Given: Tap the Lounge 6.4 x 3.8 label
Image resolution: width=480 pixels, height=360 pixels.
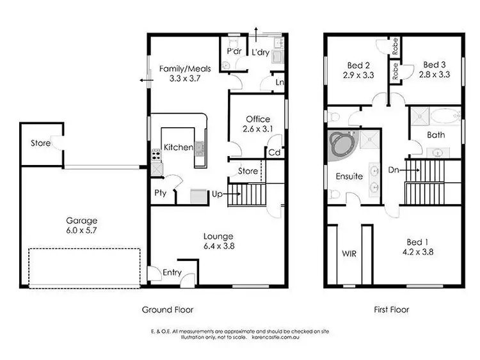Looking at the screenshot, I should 219,240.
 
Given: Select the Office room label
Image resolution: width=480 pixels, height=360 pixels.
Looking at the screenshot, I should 257,123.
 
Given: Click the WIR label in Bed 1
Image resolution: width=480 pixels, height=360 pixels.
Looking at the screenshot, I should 349,253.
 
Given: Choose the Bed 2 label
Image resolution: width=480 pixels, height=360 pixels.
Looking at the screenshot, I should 358,69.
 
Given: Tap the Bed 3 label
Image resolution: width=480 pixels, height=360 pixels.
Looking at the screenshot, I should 435,69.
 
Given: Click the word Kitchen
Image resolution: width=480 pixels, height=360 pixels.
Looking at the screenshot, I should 178,148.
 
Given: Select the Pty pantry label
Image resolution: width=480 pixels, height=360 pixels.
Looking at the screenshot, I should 161,192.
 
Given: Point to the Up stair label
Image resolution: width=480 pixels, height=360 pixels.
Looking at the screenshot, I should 218,192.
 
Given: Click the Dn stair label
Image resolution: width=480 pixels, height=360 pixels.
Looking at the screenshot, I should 395,171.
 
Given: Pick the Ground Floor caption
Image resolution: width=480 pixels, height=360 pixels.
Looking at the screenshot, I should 167,309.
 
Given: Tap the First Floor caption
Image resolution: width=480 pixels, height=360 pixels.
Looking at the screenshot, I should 392,309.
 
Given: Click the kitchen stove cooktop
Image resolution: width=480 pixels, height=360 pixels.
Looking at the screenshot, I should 156,155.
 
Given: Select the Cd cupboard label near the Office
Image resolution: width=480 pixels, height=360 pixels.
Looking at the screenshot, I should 274,153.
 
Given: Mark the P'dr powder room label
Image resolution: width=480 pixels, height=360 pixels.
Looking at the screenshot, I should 233,52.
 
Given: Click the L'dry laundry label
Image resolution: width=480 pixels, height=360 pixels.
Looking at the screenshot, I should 260,52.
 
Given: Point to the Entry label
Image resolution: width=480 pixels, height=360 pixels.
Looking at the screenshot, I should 172,273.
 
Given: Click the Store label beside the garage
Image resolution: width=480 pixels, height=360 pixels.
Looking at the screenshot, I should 41,143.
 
